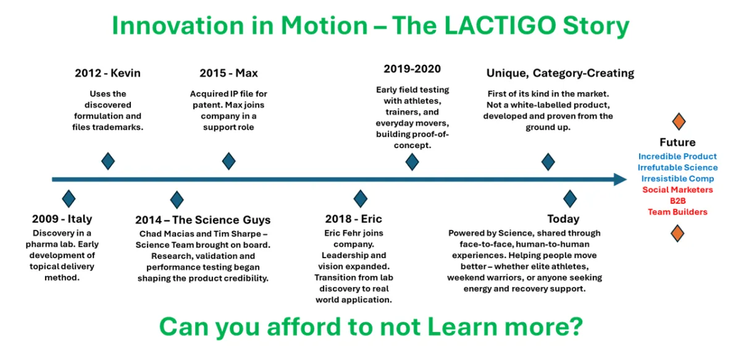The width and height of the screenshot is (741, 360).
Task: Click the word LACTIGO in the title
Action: pos(500,25)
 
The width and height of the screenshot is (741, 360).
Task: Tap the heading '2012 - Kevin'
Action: pos(107,73)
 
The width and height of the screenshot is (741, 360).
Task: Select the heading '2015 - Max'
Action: pos(228,73)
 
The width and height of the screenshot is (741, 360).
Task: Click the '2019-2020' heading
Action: pos(412,69)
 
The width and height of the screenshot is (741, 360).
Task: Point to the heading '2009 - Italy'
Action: pos(62,219)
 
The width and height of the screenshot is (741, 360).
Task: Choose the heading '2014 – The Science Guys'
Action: pos(203,220)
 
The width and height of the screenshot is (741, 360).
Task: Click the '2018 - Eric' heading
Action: pos(354,219)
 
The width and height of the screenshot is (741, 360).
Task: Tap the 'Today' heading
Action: pos(563,219)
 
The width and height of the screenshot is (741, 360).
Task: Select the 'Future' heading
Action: pos(677,142)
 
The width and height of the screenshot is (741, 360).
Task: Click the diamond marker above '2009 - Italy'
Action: pos(69,199)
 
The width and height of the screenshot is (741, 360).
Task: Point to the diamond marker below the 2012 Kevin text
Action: pos(108,161)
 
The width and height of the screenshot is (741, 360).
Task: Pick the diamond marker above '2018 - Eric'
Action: pos(361,199)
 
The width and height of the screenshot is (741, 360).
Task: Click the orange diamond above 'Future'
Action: pos(679,122)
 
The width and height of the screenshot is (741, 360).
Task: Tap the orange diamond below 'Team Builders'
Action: pos(677,233)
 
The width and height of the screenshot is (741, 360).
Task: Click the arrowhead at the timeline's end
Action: pos(620,179)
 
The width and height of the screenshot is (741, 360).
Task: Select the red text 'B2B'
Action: pos(678,201)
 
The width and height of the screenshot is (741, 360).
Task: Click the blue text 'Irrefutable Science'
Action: pos(678,167)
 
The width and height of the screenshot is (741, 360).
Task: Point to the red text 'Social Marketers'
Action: pos(677,190)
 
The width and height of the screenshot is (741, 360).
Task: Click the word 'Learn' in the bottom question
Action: pos(463,327)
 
